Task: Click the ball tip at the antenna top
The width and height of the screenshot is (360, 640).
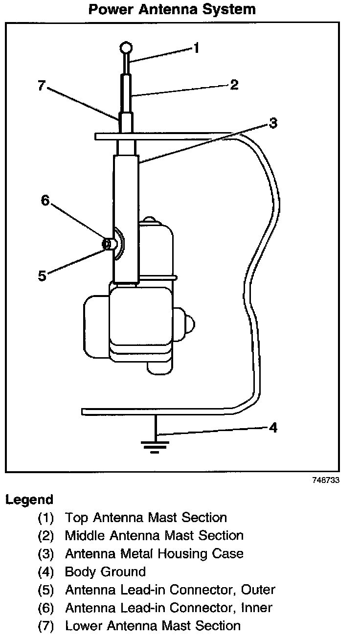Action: [x=126, y=47]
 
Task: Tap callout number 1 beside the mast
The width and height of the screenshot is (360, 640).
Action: [x=196, y=48]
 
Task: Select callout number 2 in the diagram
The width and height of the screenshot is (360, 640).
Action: [x=234, y=85]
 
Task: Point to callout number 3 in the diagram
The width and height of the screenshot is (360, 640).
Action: [x=273, y=123]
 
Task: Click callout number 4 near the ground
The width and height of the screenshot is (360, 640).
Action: [x=273, y=428]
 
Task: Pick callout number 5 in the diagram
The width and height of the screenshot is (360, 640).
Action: [x=43, y=275]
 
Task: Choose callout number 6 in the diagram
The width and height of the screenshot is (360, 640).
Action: [x=45, y=201]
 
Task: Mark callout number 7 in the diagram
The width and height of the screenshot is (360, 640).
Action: [x=42, y=86]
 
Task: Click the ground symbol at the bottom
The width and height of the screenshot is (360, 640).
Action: [x=155, y=445]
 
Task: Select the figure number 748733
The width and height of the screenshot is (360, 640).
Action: [x=325, y=480]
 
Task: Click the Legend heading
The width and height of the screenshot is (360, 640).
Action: [x=29, y=500]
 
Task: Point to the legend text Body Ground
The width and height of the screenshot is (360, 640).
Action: [x=105, y=571]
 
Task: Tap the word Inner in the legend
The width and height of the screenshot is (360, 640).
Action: [x=256, y=608]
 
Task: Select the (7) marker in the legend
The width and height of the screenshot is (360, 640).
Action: [x=45, y=626]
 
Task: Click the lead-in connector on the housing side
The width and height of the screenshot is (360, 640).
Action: [x=111, y=243]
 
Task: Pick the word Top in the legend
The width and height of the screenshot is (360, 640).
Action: [x=76, y=518]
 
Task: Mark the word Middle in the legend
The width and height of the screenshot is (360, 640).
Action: [x=85, y=535]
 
